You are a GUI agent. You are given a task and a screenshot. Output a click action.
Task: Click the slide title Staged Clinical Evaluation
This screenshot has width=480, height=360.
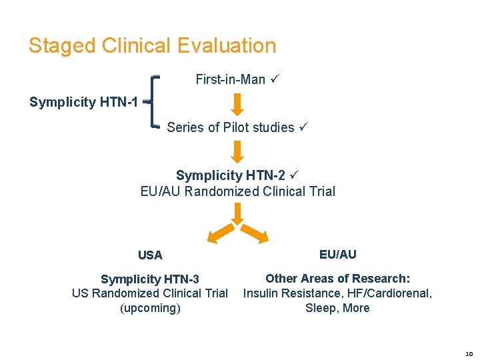point(152,46)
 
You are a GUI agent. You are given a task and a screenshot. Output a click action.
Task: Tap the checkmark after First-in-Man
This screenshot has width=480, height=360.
point(274,80)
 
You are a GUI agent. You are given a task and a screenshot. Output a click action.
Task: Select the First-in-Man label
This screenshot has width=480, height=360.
point(230,80)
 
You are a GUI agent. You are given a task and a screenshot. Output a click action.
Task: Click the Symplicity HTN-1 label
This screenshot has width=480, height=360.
point(84,103)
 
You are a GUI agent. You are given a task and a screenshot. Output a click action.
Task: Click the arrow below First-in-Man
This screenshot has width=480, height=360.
point(237,104)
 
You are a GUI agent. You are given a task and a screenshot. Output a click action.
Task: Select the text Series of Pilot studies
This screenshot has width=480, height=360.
point(230,127)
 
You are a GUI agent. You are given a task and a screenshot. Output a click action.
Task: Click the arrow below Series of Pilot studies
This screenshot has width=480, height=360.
point(237,151)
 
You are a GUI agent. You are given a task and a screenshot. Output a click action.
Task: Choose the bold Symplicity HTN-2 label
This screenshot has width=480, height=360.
point(231,175)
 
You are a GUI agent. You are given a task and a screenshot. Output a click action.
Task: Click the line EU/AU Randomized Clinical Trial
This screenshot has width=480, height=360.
point(238,191)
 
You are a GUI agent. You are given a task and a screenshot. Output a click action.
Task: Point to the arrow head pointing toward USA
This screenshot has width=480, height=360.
point(213,237)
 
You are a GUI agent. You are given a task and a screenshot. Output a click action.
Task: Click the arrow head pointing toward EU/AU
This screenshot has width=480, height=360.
point(261,237)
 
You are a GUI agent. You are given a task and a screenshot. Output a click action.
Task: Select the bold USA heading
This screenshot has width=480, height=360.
point(150,255)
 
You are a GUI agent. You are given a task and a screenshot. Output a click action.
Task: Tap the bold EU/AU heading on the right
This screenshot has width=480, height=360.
point(337,254)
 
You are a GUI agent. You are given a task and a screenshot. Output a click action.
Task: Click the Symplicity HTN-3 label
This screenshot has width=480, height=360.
point(150,279)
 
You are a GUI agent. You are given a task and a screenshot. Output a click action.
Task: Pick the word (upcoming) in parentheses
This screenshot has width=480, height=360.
point(150,308)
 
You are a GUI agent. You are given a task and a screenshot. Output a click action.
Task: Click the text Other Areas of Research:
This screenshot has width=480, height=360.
point(337,278)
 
